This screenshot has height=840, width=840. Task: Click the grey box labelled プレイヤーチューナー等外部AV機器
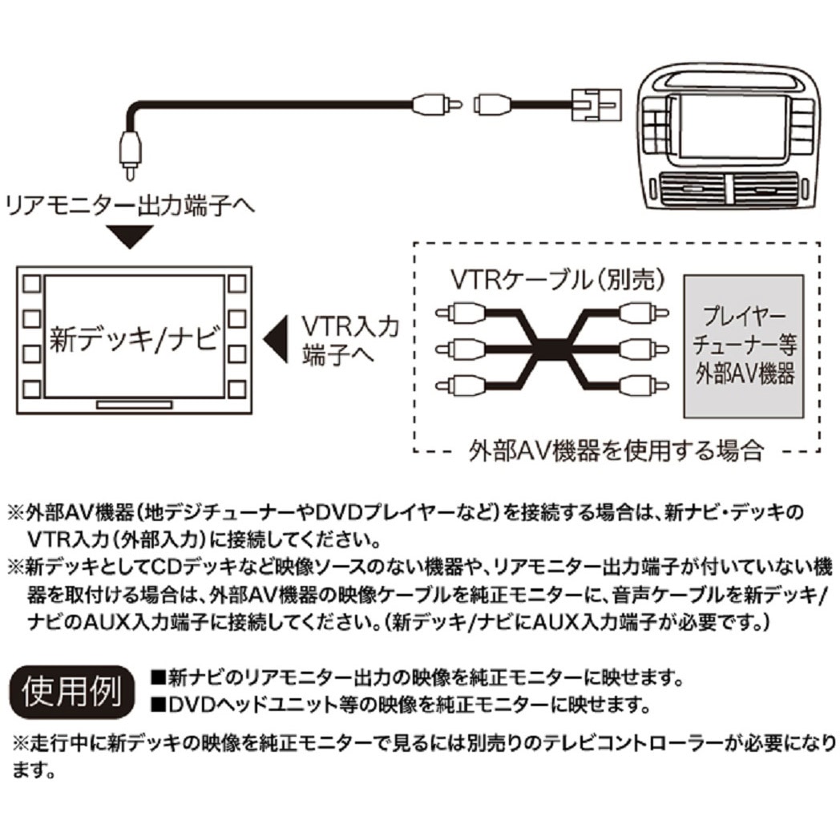pyautogui.click(x=742, y=345)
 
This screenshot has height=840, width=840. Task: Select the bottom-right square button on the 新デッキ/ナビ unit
pyautogui.click(x=235, y=390)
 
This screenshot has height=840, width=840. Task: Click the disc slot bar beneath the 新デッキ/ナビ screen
pyautogui.click(x=134, y=405)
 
